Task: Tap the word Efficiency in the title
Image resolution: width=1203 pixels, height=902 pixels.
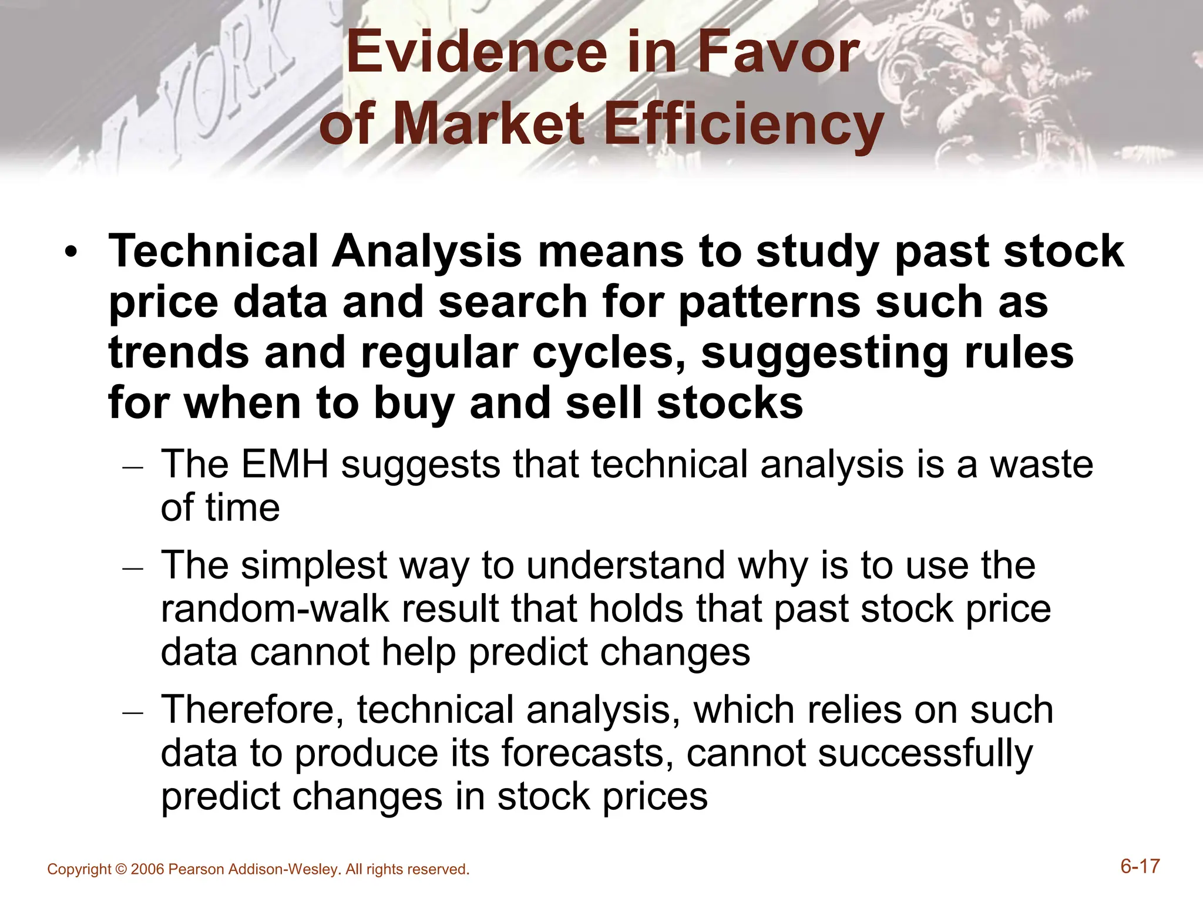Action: tap(744, 124)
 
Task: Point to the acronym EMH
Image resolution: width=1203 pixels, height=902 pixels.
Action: tap(284, 465)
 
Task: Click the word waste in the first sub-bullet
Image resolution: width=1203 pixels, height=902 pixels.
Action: tap(1041, 465)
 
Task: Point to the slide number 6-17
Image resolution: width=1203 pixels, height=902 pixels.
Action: tap(1140, 867)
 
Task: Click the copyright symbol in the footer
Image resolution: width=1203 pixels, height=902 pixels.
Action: tap(121, 870)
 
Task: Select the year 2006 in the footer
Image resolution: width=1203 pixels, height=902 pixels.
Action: tap(147, 870)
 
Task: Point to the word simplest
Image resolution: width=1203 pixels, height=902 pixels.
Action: tap(314, 566)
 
